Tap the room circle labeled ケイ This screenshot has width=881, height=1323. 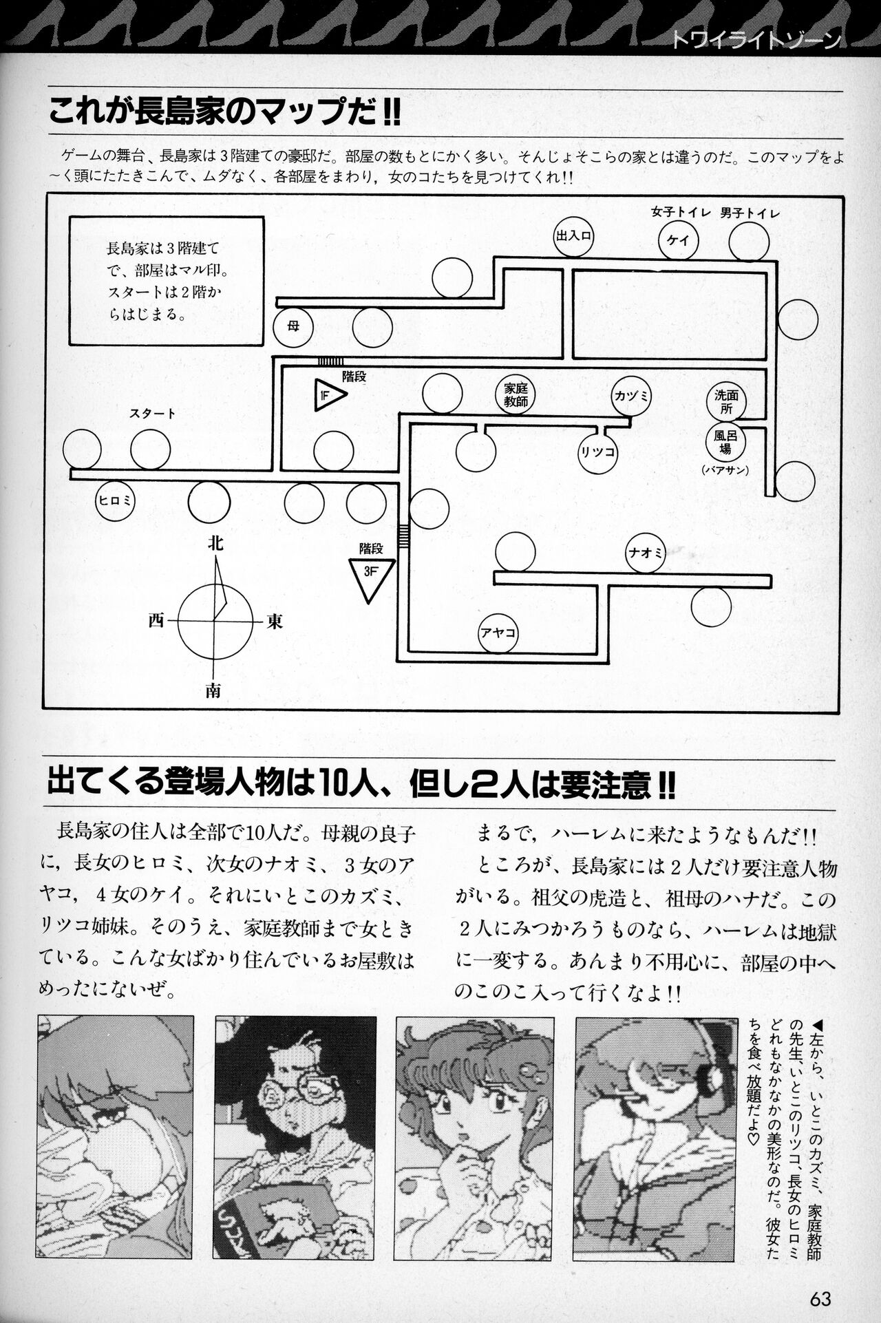(x=679, y=241)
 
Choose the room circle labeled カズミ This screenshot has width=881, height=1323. (x=632, y=396)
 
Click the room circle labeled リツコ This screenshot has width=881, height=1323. (x=597, y=452)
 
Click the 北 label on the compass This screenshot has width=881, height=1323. (x=215, y=543)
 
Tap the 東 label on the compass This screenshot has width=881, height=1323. (x=275, y=621)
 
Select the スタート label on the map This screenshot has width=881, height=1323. (x=152, y=414)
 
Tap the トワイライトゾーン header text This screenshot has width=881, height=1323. (x=755, y=41)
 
